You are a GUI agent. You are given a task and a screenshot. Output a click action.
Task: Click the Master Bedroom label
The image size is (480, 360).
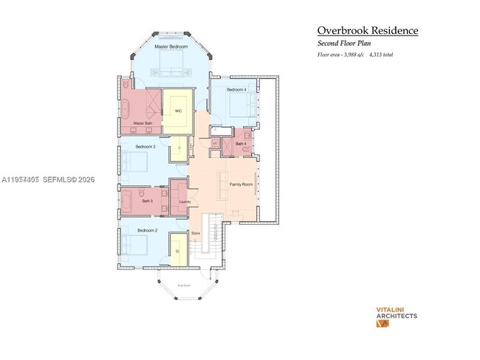(x=171, y=46)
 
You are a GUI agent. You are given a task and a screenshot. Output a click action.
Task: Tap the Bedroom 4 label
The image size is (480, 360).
(x=236, y=89)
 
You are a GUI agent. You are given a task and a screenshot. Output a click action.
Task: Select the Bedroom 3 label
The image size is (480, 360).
(x=145, y=147)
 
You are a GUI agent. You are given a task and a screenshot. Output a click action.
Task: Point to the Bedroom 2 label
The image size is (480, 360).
(x=148, y=230)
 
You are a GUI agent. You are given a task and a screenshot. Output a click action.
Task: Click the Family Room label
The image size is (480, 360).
(x=241, y=184)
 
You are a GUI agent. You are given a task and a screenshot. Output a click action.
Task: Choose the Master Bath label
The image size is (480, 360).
(x=143, y=123)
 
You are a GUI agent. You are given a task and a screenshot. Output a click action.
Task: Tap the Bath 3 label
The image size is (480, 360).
(x=147, y=201)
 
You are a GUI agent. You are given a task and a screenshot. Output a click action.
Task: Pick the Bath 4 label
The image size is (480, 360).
(x=241, y=144)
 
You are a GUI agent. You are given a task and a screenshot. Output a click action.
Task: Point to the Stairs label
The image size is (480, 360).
(x=196, y=233)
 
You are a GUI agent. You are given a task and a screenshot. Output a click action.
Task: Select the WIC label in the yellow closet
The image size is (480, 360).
(x=178, y=111)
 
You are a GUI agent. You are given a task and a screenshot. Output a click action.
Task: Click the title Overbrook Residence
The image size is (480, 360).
(x=368, y=30)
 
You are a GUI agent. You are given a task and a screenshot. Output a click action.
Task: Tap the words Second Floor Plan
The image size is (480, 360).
(x=345, y=44)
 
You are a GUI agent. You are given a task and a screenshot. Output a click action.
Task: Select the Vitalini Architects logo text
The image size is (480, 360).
(x=397, y=313)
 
